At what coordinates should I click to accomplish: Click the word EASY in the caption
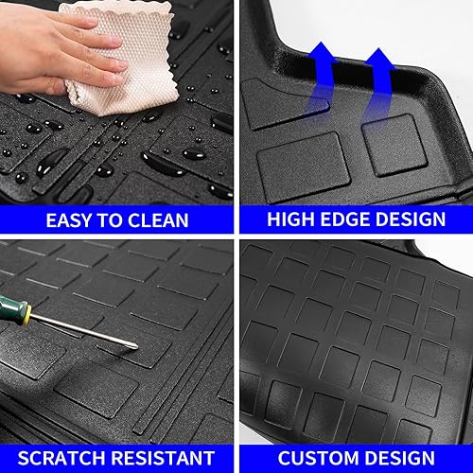[x=75, y=221]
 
